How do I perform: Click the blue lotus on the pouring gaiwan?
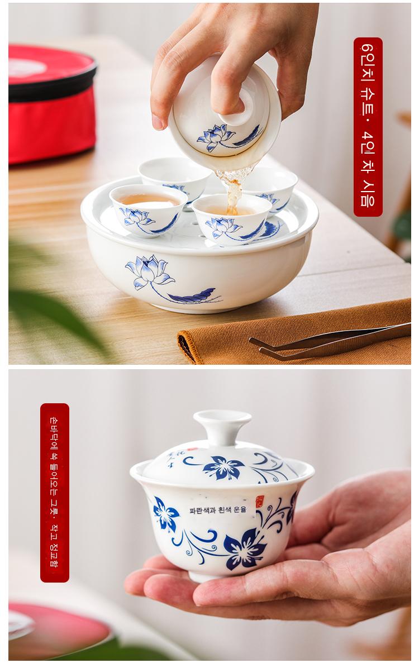[216, 137]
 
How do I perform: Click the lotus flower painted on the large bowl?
[149, 272]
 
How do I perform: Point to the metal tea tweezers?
[330, 341]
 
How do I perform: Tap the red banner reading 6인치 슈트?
[368, 127]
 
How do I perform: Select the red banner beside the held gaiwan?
[55, 493]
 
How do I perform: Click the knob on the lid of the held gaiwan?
[222, 427]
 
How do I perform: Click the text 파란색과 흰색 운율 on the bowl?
[218, 510]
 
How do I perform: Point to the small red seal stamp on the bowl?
[259, 502]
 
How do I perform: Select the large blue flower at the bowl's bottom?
[245, 549]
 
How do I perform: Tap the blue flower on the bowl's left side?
[165, 514]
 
